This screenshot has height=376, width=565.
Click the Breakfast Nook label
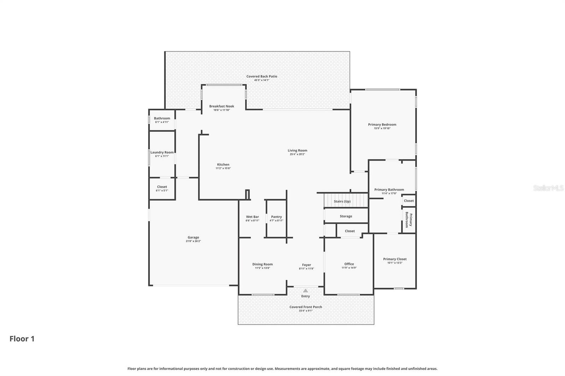point(221,106)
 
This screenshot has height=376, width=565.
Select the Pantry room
point(276,219)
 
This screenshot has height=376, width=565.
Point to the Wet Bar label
point(252,217)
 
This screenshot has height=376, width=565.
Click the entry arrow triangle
point(305,291)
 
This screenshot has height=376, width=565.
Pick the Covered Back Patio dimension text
point(262,80)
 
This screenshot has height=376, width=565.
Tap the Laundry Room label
point(162,152)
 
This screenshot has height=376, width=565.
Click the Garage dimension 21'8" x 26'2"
point(193,241)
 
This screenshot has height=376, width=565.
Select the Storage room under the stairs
point(346,216)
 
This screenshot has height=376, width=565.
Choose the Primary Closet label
point(394,259)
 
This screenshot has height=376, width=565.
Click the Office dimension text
point(349,268)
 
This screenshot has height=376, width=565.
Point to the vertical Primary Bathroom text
point(409,220)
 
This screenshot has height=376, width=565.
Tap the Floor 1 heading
point(22,339)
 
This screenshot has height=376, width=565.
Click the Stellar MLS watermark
point(548,188)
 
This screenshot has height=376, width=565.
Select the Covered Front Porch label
point(305,307)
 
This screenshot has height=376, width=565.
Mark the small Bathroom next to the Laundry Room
point(162,120)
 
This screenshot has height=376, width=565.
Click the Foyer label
point(306,265)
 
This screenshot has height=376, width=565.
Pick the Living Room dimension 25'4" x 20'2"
point(297,154)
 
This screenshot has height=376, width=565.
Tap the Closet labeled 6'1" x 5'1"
point(162,189)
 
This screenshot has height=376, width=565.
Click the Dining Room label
point(262,264)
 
